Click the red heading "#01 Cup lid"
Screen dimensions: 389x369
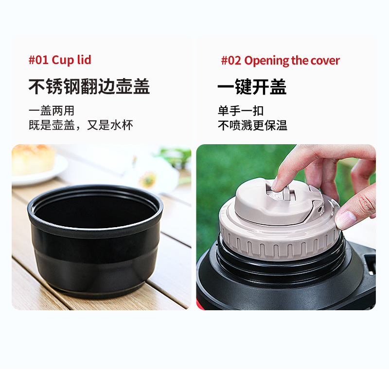coord(60,60)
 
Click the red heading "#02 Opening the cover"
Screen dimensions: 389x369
coord(281,61)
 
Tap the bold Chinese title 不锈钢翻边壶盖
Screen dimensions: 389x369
coord(89,86)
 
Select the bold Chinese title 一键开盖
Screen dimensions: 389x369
coord(252,87)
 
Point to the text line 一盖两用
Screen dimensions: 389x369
coord(52,111)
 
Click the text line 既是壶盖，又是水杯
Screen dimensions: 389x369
coord(81,125)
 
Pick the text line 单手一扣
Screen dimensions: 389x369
coord(241,111)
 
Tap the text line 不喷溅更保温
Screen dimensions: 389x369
coord(252,125)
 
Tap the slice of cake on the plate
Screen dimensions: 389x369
coord(33,160)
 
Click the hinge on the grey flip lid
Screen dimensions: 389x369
coord(319,207)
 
